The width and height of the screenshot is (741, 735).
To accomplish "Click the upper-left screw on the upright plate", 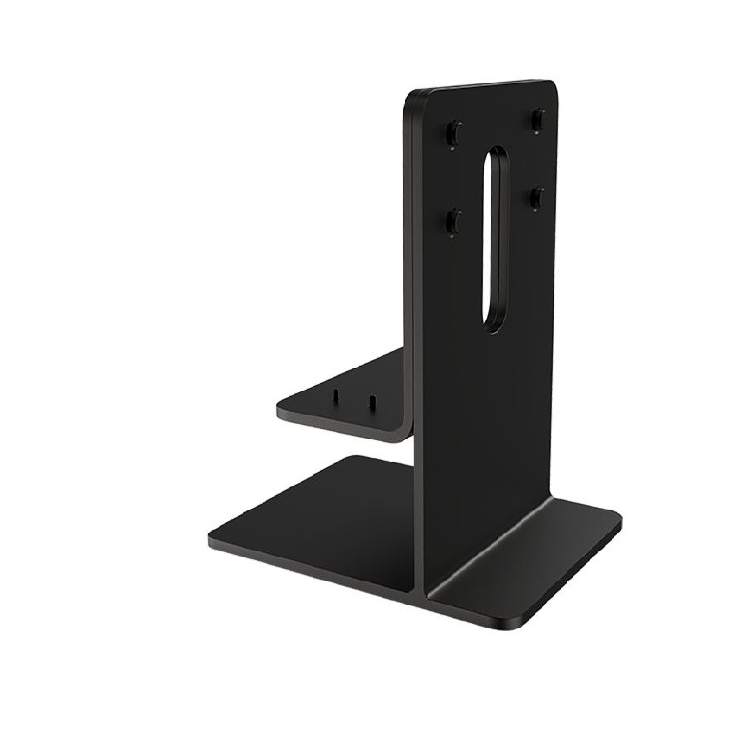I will point(454,130).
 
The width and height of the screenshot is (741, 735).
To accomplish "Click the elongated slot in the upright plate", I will point(494,240).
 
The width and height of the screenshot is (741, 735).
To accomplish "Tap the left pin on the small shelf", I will point(336,393).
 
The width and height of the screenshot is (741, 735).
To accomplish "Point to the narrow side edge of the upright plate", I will point(413,288).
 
